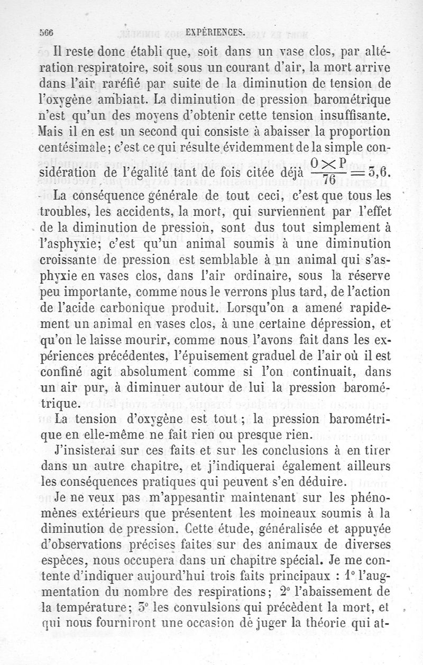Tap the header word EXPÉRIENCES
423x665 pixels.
pos(215,32)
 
